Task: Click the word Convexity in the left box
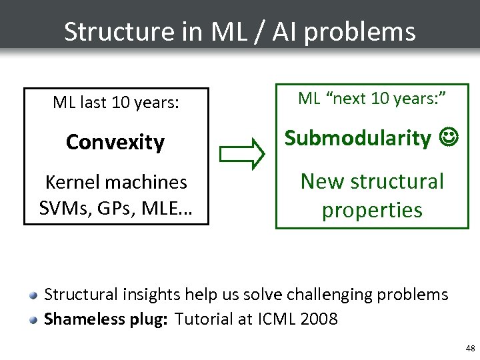coord(115,142)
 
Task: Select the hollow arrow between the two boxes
coord(242,152)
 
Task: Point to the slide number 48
coord(470,349)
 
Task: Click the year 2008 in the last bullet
coord(319,319)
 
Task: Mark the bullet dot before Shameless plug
coord(33,320)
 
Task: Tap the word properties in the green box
coord(372,210)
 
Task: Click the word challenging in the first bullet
coord(319,295)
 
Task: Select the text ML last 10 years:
coord(116,103)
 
